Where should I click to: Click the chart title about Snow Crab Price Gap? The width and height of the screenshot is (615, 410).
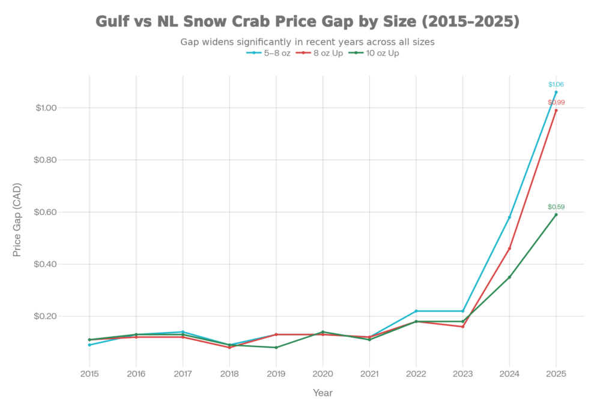[x=307, y=22]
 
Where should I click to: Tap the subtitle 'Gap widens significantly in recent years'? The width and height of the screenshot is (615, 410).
[x=307, y=43]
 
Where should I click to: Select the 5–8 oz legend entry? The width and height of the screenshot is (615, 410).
[x=269, y=53]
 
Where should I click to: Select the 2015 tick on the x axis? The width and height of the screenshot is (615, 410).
[x=89, y=373]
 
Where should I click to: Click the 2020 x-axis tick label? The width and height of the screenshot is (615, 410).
[x=323, y=373]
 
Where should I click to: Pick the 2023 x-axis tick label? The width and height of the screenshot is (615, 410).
[x=462, y=373]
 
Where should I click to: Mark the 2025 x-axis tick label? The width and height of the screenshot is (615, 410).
[x=556, y=373]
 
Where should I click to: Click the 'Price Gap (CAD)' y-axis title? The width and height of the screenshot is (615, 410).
[x=17, y=219]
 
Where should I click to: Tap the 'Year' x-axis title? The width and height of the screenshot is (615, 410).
[x=323, y=393]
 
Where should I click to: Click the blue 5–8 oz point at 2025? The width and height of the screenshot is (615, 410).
[x=556, y=92]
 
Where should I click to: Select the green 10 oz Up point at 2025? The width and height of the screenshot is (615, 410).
[x=556, y=214]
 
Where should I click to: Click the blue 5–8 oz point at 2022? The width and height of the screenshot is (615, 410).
[x=416, y=311]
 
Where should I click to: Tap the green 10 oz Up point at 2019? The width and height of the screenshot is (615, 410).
[x=276, y=347]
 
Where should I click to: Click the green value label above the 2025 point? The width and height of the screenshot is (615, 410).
[x=556, y=207]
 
